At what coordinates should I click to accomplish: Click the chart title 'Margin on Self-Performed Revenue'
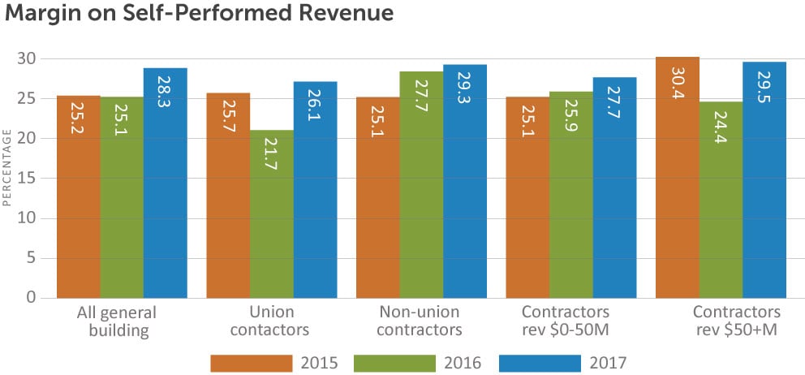200,14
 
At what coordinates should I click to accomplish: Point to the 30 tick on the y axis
28,58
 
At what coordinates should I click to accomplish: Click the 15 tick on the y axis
28,178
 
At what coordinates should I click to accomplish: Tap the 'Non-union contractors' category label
420,321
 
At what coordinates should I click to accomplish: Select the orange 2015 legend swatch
251,361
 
